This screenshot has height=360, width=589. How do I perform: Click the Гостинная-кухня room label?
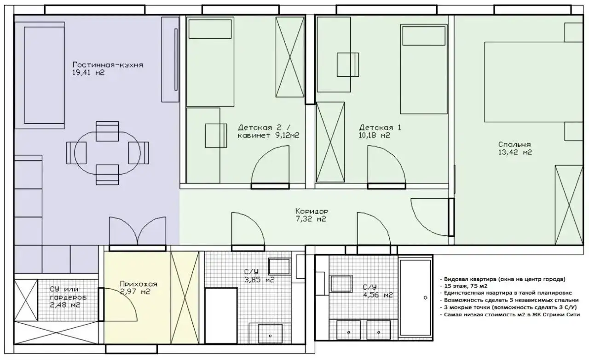click(x=108, y=65)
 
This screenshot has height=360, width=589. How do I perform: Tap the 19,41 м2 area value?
click(x=88, y=73)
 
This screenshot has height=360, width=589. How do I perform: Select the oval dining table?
click(x=107, y=153)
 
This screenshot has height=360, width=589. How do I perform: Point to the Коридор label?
click(x=312, y=211)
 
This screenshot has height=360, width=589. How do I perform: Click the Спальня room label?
click(x=514, y=144)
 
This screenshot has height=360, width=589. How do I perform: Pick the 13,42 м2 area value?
click(x=515, y=152)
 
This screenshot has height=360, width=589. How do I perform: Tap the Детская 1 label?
click(x=380, y=128)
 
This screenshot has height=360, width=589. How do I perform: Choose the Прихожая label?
click(x=139, y=284)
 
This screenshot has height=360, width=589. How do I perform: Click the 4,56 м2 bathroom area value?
click(x=378, y=295)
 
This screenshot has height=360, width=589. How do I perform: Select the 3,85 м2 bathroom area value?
click(x=259, y=280)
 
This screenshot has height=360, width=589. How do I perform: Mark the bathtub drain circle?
click(x=426, y=298)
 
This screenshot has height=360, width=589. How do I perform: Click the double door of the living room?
click(x=138, y=231)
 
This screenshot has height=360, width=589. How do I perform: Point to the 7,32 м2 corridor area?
click(x=311, y=219)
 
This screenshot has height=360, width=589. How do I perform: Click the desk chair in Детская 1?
click(x=348, y=65)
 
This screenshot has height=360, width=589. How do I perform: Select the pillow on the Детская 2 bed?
click(x=210, y=29)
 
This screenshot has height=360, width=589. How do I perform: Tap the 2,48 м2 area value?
click(x=65, y=305)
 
